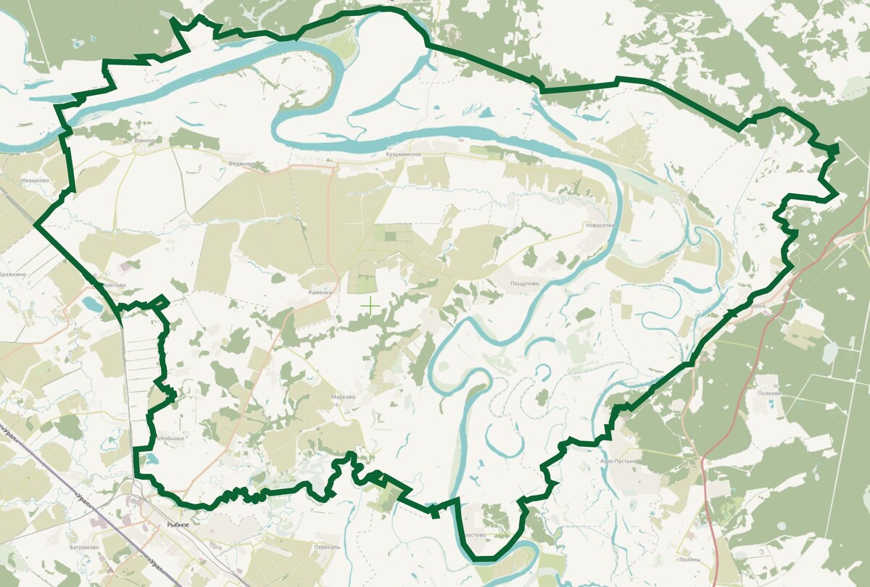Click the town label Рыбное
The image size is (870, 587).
tap(178, 524)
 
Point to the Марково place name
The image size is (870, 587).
tap(342, 397)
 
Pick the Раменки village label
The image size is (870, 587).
tap(320, 293)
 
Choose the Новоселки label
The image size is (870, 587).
tap(600, 226)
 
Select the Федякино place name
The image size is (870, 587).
tap(241, 164)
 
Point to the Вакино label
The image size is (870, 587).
tap(145, 140)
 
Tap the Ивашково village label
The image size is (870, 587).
tap(35, 180)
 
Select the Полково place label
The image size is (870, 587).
tap(768, 394)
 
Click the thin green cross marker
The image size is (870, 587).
tap(370, 306)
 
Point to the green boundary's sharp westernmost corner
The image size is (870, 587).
tap(35, 225)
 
